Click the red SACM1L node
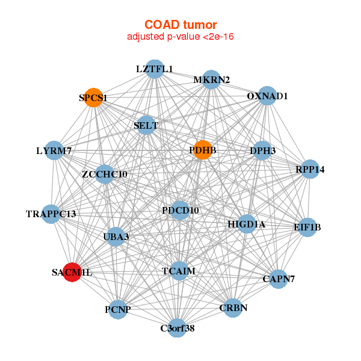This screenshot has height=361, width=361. coord(72,273)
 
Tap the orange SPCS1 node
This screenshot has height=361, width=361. coord(93,97)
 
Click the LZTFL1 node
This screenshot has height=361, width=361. coord(155,69)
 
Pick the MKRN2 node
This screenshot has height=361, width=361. coord(211,80)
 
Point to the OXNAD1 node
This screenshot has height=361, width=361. coord(267,96)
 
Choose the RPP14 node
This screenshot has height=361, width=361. coord(310,170)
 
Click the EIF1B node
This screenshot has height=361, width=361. coord(307,227)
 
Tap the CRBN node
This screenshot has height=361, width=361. coord(233,308)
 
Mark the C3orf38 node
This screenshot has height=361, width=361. coord(177,328)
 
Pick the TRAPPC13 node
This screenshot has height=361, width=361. coord(51,214)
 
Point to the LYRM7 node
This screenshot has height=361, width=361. coord(54,150)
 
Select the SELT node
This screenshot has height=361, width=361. coord(146,126)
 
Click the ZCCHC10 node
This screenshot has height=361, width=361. coord(105,174)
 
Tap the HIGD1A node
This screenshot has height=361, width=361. coord(247,224)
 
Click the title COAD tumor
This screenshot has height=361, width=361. coord(180,25)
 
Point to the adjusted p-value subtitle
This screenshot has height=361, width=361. coord(180,37)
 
